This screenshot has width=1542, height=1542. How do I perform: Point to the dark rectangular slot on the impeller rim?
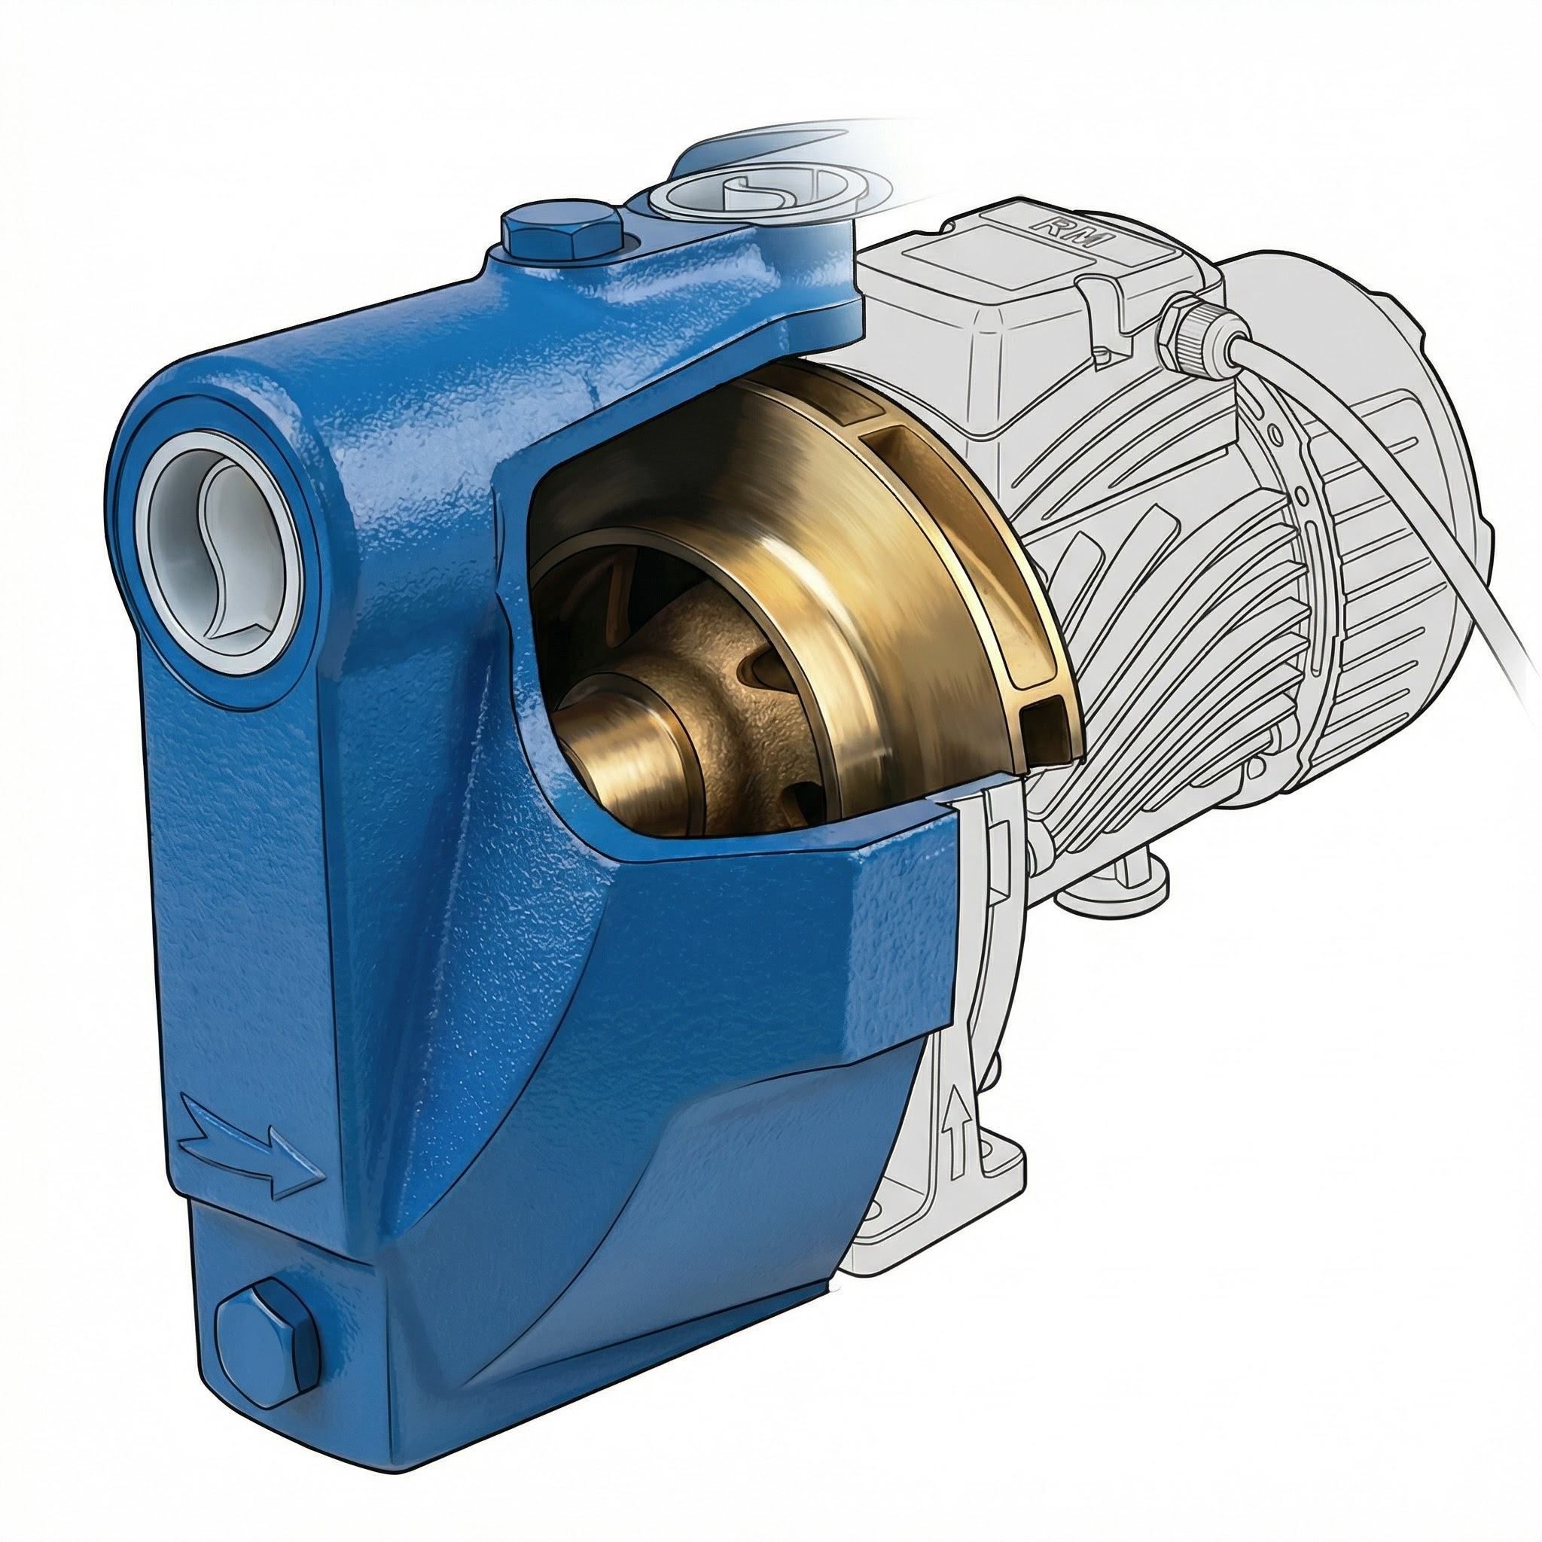coord(1046,722)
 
